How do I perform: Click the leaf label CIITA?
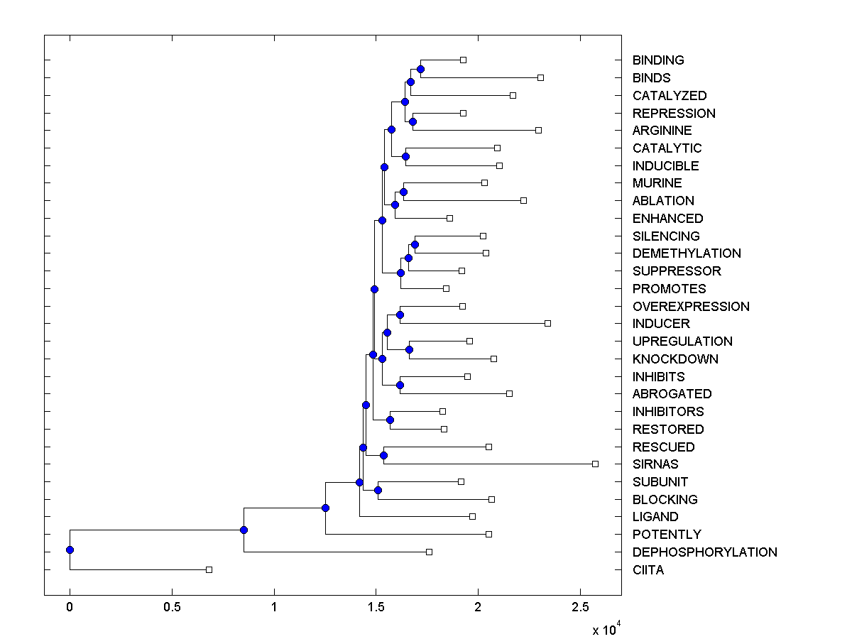(x=648, y=569)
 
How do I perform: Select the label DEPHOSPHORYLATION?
(x=704, y=552)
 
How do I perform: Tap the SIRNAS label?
(x=655, y=464)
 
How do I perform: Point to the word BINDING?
(x=658, y=60)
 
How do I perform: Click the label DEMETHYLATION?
(x=687, y=253)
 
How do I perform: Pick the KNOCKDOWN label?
(x=675, y=359)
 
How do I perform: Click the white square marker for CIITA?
(x=209, y=569)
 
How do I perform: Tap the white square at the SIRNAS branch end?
(x=595, y=464)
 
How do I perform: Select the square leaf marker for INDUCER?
(x=547, y=323)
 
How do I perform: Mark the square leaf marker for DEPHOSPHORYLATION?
(x=429, y=552)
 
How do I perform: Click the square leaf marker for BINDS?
(x=540, y=77)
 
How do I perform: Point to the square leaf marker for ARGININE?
(x=538, y=130)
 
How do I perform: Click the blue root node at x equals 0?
(x=70, y=550)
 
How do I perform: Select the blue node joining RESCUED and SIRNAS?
(x=383, y=455)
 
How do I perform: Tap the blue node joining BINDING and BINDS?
(x=420, y=69)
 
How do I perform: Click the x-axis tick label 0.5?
(x=171, y=608)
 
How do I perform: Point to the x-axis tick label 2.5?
(x=580, y=608)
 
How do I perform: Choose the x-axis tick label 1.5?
(x=376, y=608)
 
